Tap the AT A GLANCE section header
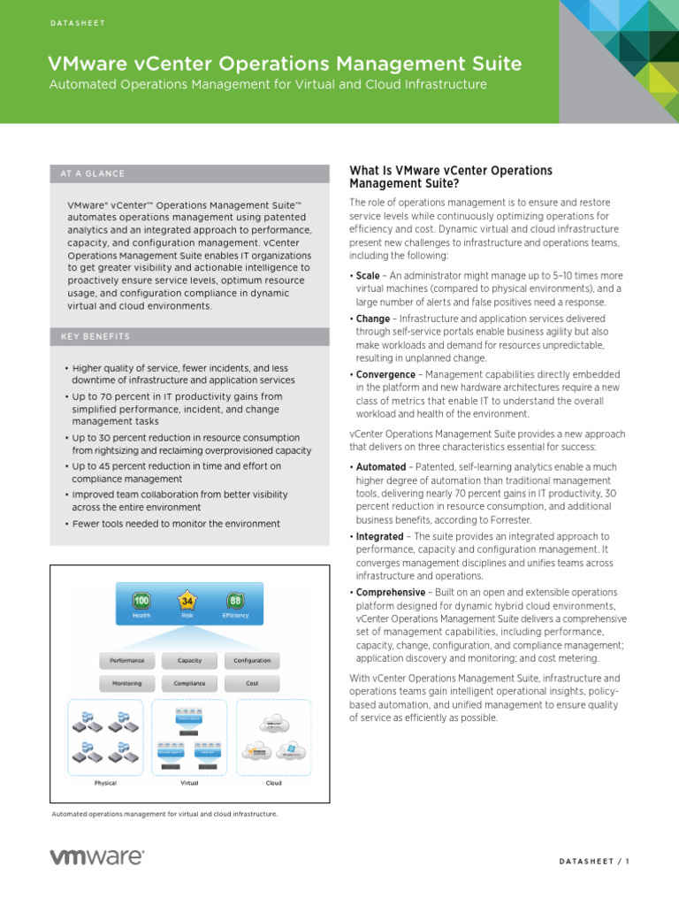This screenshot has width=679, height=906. point(93,173)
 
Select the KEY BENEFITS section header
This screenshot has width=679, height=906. point(95,336)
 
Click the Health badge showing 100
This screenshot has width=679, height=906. point(141,601)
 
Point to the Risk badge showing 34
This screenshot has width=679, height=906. point(187,601)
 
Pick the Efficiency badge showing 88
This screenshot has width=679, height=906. point(235,601)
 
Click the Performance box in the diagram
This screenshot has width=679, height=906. point(127,660)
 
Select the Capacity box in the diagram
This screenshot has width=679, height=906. point(190,660)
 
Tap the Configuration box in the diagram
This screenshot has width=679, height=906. point(252,660)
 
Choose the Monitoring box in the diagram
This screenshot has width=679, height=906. point(127,683)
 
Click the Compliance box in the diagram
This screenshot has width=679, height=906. point(190,683)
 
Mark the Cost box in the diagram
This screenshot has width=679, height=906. point(252,683)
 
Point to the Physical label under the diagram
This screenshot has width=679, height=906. point(105,783)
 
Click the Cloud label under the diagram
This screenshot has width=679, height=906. point(274,783)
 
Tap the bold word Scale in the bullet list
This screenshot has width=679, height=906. point(368,275)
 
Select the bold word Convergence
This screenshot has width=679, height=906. point(385,374)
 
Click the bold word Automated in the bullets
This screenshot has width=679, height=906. point(381,466)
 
